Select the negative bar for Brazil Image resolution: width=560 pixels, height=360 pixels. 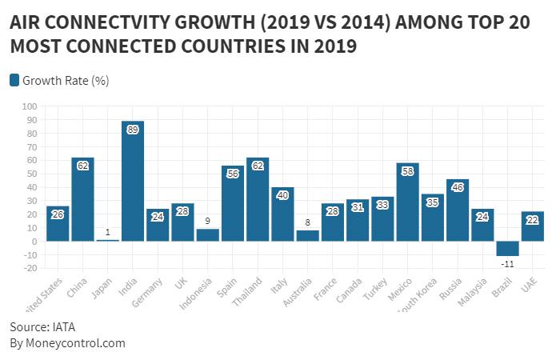point(507,248)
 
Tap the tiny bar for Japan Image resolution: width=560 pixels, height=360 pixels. point(108,240)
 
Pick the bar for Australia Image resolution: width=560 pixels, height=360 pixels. point(307,236)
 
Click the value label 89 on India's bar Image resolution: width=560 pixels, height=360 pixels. point(133,129)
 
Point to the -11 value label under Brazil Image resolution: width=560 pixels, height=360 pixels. point(507,263)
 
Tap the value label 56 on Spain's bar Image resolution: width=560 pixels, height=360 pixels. point(233,173)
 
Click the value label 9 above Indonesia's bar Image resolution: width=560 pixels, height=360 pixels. point(208,221)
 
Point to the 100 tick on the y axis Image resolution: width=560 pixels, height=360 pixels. point(30,106)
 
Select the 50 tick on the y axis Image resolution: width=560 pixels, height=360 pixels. point(32,174)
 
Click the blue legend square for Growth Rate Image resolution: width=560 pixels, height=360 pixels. point(14,80)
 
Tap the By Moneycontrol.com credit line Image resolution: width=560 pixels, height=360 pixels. point(67,343)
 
